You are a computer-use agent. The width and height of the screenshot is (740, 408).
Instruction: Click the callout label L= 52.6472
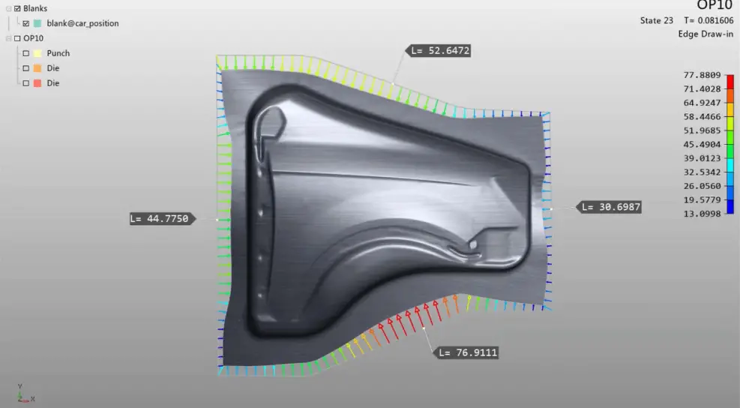[440, 51]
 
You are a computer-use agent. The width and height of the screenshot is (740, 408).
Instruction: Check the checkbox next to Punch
[26, 53]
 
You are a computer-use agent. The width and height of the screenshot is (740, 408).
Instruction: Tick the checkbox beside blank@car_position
[26, 23]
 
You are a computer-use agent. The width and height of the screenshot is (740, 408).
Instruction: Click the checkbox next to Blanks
[17, 8]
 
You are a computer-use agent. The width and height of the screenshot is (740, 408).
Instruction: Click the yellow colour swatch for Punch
[37, 53]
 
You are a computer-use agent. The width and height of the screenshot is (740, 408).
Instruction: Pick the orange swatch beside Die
[37, 68]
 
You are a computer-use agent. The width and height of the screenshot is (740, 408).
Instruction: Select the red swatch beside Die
[37, 83]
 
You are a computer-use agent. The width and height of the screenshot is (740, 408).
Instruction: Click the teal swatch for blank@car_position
[37, 23]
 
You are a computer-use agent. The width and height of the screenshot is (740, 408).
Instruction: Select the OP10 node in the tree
[33, 38]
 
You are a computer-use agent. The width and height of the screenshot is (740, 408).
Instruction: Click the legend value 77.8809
[703, 75]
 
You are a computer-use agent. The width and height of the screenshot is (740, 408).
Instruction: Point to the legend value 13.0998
[703, 214]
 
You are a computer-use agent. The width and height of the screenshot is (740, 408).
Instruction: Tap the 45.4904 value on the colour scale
[703, 145]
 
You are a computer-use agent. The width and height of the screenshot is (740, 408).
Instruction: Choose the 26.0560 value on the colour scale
[703, 186]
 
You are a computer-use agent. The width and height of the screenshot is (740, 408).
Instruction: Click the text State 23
[657, 20]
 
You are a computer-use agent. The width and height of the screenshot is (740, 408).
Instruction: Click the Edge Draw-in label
[705, 34]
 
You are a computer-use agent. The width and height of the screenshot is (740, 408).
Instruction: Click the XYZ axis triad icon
[24, 395]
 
